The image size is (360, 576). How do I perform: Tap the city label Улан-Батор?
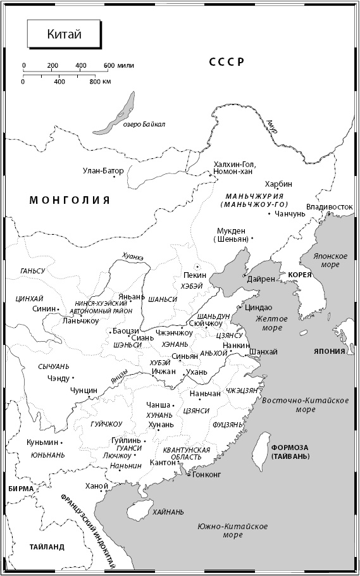tap(103, 170)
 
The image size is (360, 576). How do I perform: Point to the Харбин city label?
tap(279, 184)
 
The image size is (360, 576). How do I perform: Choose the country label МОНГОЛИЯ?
tap(70, 200)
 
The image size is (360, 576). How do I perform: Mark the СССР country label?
tap(227, 61)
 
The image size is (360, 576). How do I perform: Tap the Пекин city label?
tap(194, 276)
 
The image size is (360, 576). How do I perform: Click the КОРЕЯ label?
tap(300, 275)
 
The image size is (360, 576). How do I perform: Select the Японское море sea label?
tap(332, 260)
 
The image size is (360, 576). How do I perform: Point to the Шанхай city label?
tap(263, 352)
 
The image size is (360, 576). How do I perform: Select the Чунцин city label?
tap(84, 391)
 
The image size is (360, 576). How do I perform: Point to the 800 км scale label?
tap(100, 82)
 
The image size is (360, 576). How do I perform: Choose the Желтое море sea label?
tap(268, 323)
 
